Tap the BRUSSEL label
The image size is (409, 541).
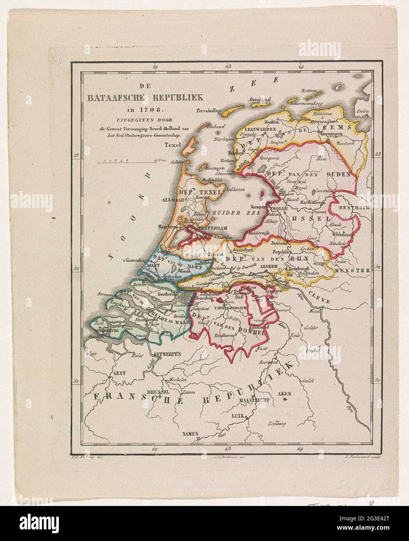pos(158,392)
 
